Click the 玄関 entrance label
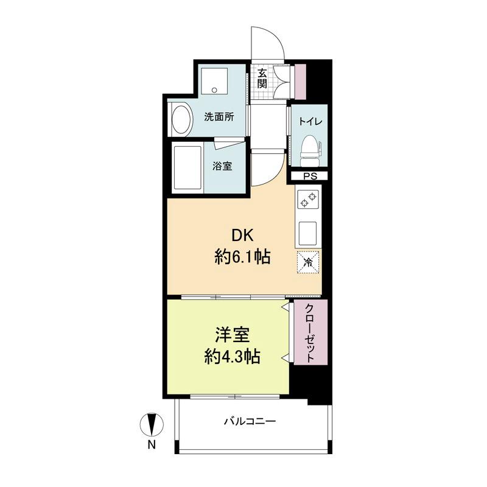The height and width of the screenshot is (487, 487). click(262, 78)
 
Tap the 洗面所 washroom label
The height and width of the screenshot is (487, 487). click(219, 116)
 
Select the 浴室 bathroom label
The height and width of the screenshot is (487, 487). click(222, 166)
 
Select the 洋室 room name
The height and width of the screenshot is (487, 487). click(232, 335)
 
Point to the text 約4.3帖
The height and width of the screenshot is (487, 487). click(232, 357)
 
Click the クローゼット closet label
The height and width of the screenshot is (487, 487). click(309, 332)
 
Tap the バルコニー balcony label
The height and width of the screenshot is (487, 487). click(250, 421)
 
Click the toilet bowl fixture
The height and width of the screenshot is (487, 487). click(310, 150)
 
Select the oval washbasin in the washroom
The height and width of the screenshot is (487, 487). click(181, 119)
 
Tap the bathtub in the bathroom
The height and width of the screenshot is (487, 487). click(187, 167)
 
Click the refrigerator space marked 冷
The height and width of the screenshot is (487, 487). click(309, 262)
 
